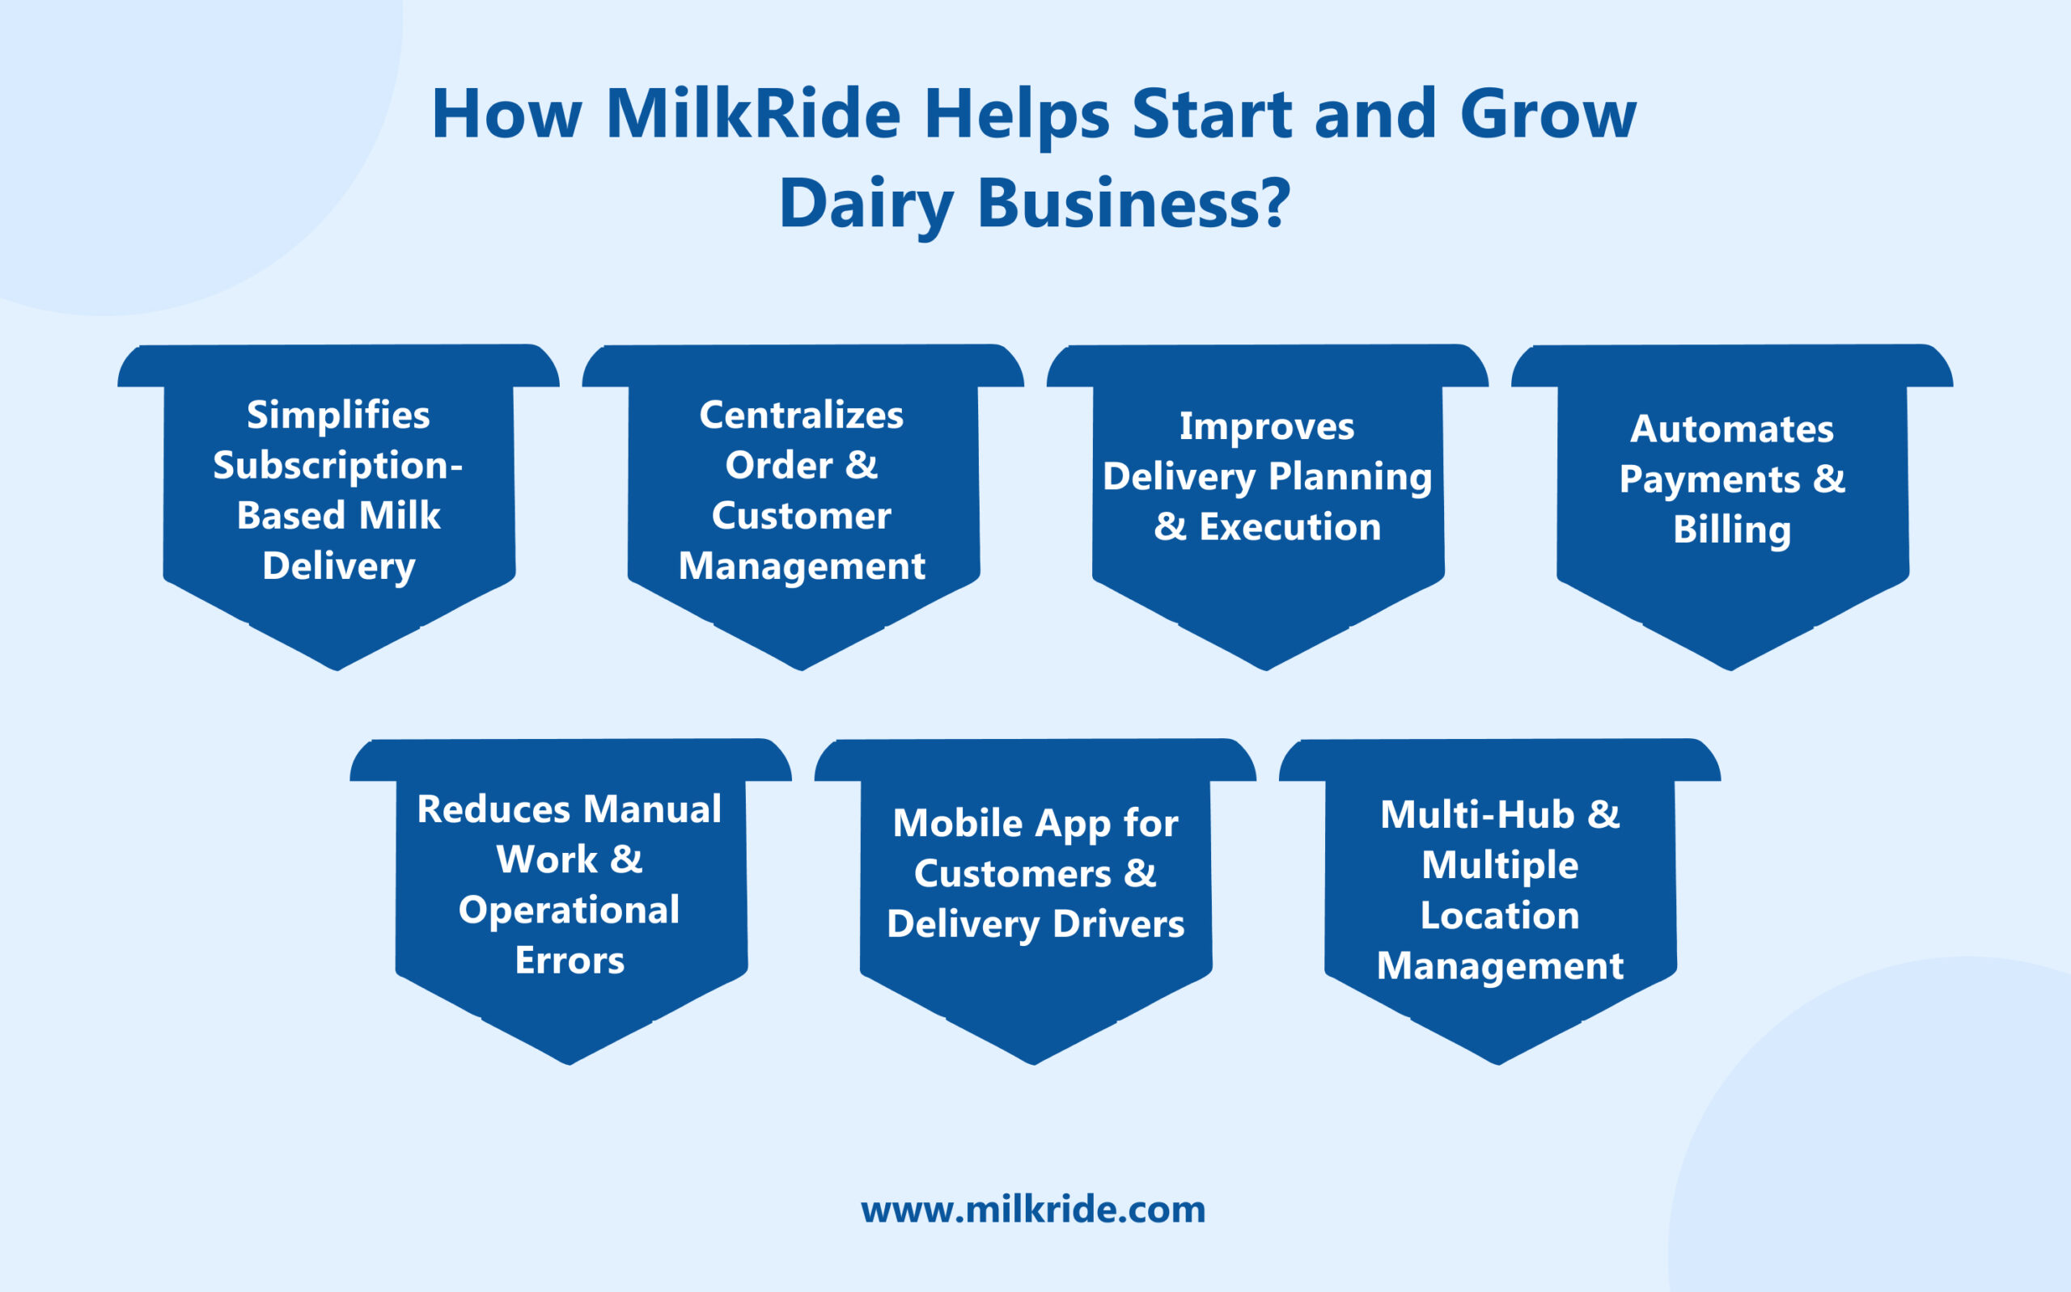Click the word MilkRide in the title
pyautogui.click(x=753, y=115)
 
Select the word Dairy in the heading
pyautogui.click(x=865, y=205)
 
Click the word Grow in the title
pyautogui.click(x=1548, y=115)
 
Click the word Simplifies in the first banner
pyautogui.click(x=338, y=416)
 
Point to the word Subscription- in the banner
pyautogui.click(x=337, y=467)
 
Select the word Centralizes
pyautogui.click(x=801, y=416)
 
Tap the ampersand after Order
pyautogui.click(x=862, y=465)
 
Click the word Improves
pyautogui.click(x=1267, y=426)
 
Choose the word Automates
pyautogui.click(x=1732, y=429)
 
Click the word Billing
pyautogui.click(x=1732, y=530)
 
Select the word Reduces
pyautogui.click(x=493, y=809)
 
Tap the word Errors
pyautogui.click(x=570, y=961)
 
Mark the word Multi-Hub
pyautogui.click(x=1477, y=814)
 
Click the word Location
pyautogui.click(x=1499, y=915)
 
